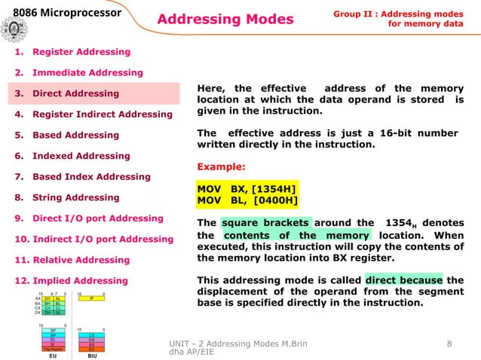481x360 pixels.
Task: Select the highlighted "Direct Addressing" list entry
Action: tap(75, 93)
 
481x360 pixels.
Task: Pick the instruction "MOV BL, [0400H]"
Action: tap(247, 200)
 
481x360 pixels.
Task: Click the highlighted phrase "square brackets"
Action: tap(265, 223)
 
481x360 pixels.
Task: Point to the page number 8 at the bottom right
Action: tap(449, 344)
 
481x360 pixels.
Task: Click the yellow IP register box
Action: tap(91, 298)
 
